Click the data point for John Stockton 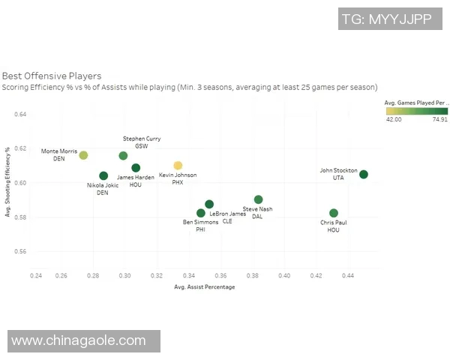click(x=364, y=174)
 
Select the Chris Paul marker click(x=334, y=213)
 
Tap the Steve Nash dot click(x=258, y=199)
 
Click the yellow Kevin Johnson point click(x=178, y=165)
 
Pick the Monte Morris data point click(x=83, y=155)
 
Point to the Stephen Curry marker click(x=123, y=155)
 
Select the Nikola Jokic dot click(x=103, y=176)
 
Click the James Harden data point click(x=136, y=168)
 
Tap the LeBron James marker click(x=209, y=204)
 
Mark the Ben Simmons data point click(x=200, y=213)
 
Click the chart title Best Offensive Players click(x=52, y=76)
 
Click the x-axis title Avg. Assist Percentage click(x=205, y=287)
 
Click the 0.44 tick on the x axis click(x=348, y=276)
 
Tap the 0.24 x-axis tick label click(x=36, y=276)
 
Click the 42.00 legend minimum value click(x=394, y=118)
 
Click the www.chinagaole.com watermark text click(x=79, y=340)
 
